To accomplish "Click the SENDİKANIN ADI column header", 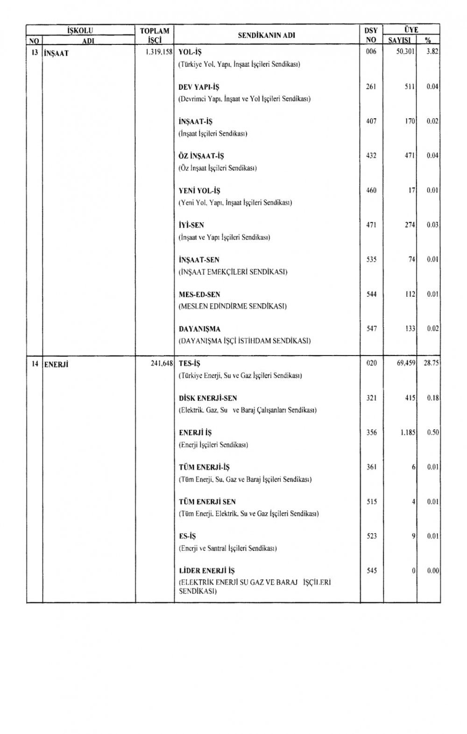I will click(x=267, y=35).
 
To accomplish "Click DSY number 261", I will click(x=371, y=87).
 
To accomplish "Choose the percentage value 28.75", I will click(x=431, y=363).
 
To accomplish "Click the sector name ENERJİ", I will click(x=56, y=364).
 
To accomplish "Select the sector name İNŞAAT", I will click(x=56, y=53).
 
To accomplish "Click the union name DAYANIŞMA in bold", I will click(x=199, y=329).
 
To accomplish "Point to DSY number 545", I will click(x=371, y=570).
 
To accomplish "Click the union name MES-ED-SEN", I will click(x=199, y=294).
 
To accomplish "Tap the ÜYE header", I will click(x=411, y=30).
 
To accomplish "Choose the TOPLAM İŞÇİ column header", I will click(x=154, y=35).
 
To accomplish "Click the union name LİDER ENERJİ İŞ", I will click(x=207, y=570).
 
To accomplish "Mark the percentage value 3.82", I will click(x=432, y=52).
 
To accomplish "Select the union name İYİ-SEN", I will click(x=191, y=225).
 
